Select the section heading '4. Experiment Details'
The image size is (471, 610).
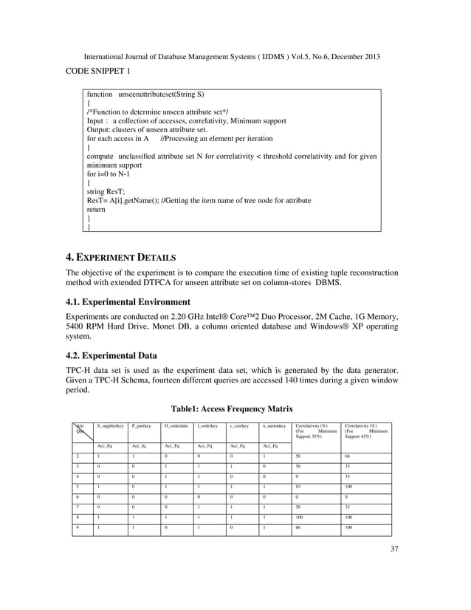click(121, 258)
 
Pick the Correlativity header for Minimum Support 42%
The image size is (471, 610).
click(365, 431)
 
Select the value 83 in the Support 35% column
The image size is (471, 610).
click(298, 487)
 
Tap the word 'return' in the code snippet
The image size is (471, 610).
click(96, 210)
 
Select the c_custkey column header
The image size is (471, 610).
click(240, 426)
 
